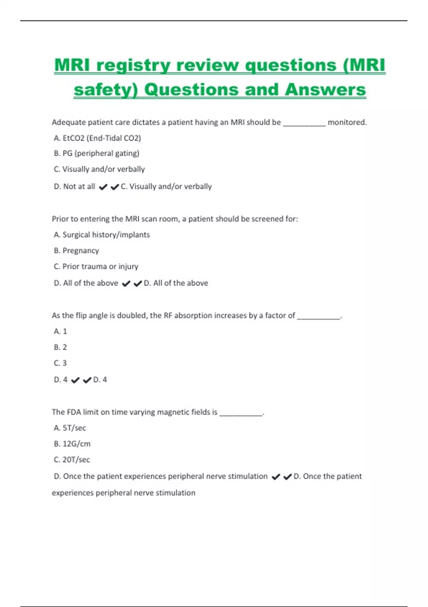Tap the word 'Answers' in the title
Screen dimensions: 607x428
(325, 90)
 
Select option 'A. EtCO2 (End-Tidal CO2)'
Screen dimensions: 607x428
(97, 138)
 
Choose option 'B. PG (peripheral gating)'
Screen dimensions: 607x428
(97, 154)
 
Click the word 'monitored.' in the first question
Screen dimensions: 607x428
(347, 122)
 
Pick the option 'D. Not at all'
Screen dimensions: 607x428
(75, 186)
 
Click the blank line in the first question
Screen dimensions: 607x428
(304, 124)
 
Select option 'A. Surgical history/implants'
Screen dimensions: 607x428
(102, 235)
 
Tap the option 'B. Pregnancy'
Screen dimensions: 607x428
(76, 251)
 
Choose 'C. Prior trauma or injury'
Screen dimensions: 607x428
(96, 266)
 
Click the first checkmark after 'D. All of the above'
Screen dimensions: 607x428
(126, 284)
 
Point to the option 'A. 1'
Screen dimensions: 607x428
(60, 331)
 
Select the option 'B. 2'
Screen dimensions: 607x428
(60, 347)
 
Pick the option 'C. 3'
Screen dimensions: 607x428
(60, 363)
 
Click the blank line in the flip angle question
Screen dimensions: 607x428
(319, 317)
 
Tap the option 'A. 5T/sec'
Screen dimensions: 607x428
(70, 428)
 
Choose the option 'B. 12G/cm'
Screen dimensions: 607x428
(72, 444)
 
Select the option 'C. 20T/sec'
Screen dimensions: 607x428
(72, 460)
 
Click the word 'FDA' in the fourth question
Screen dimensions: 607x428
(73, 412)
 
